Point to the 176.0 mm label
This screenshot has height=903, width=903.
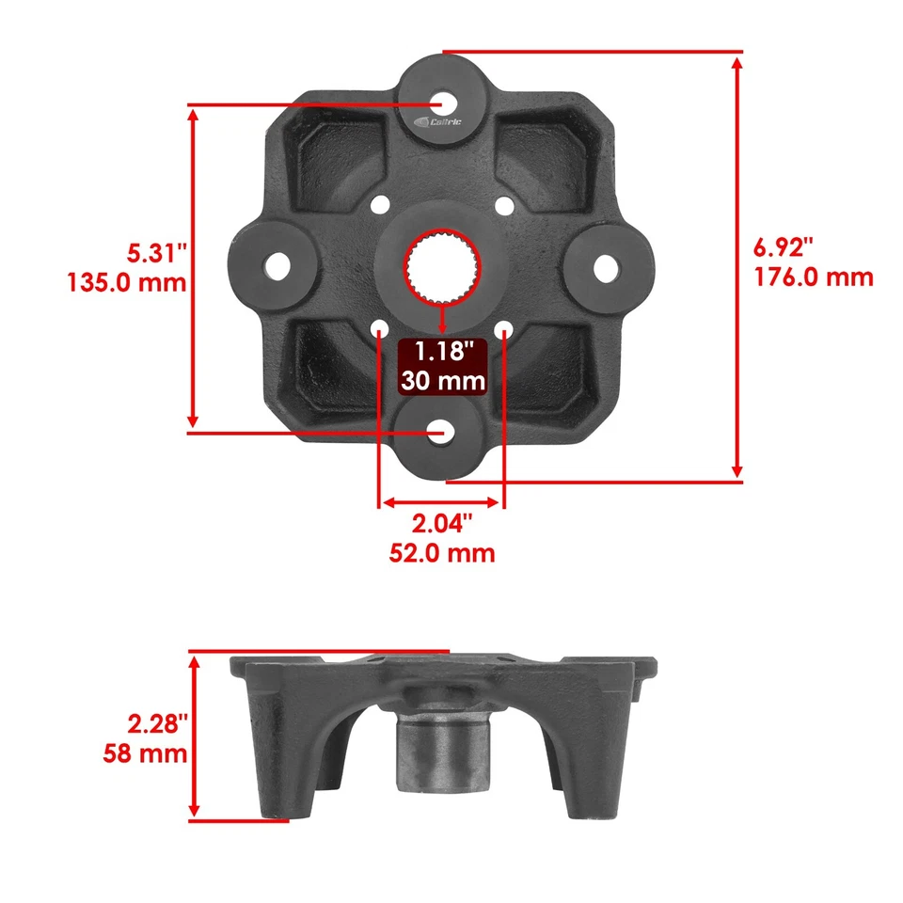pyautogui.click(x=814, y=277)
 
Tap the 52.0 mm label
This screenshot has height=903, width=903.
pyautogui.click(x=442, y=552)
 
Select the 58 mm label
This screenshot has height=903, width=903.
pyautogui.click(x=146, y=753)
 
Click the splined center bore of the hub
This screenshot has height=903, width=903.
pyautogui.click(x=442, y=268)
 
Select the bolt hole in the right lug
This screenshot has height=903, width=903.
pyautogui.click(x=607, y=268)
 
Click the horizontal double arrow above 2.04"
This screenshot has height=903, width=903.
pyautogui.click(x=442, y=502)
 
